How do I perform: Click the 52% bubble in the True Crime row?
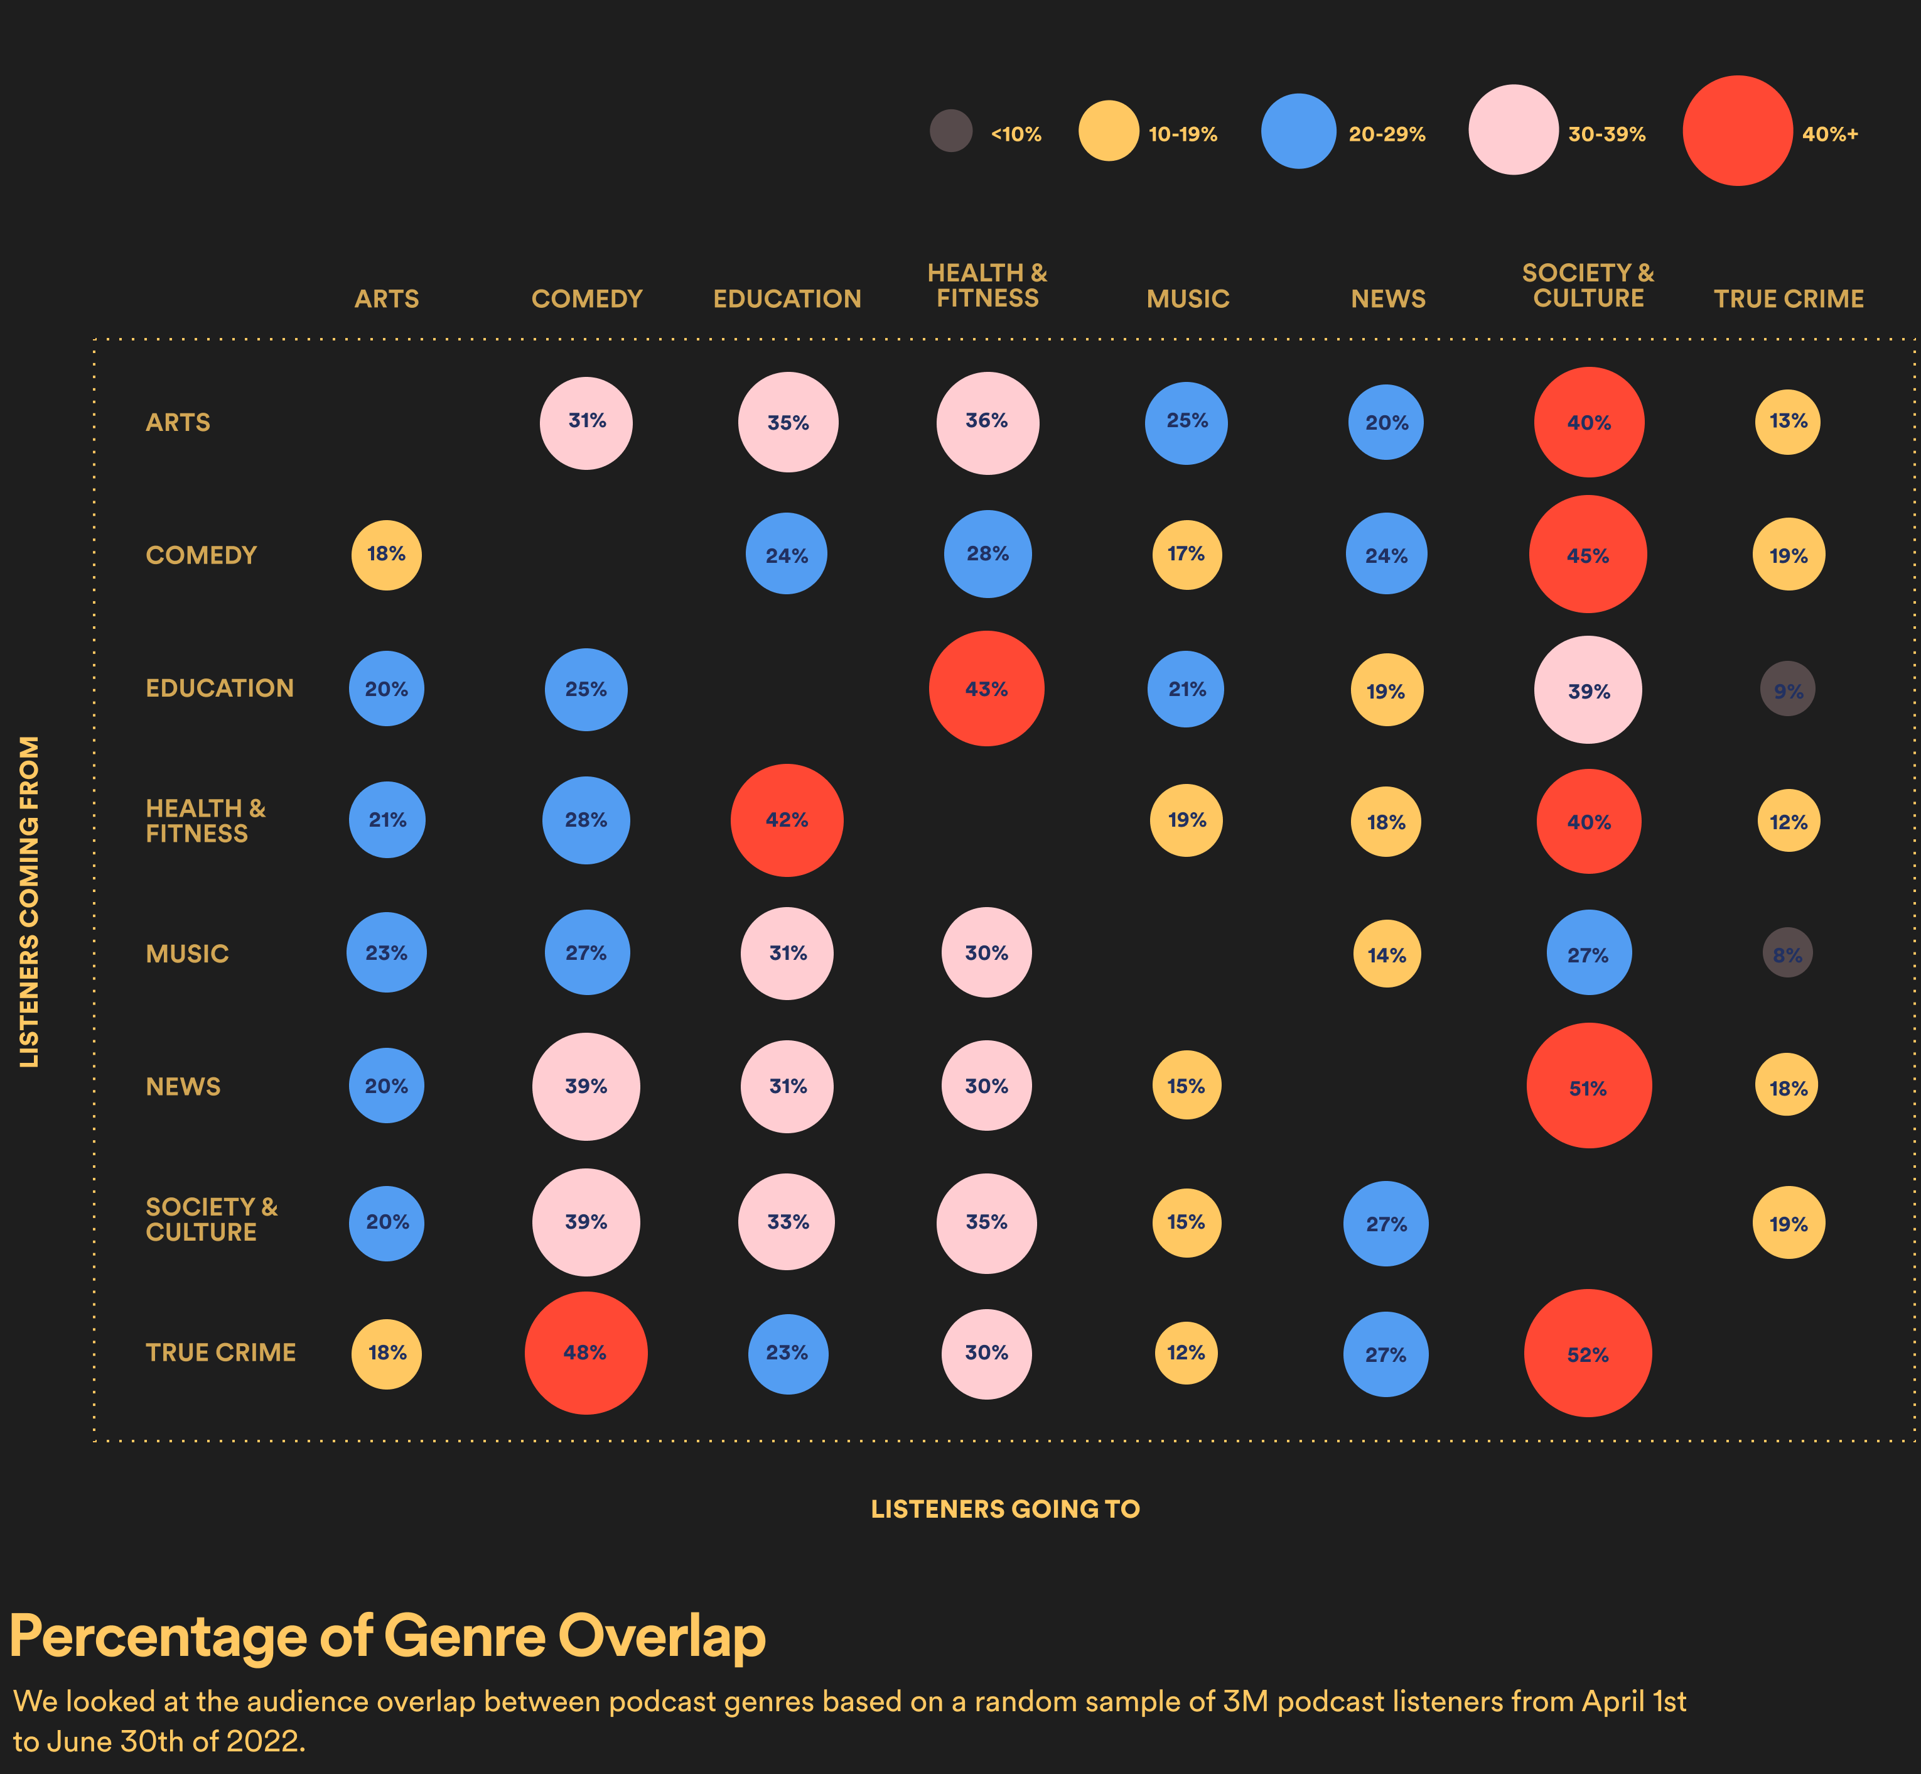[x=1588, y=1354]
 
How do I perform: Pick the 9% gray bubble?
[x=1788, y=689]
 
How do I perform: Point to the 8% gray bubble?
[x=1788, y=953]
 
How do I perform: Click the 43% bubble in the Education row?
[x=986, y=688]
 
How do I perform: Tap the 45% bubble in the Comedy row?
[x=1588, y=554]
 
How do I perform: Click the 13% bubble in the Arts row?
[x=1788, y=422]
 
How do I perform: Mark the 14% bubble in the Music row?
[x=1387, y=954]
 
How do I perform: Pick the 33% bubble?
[x=787, y=1222]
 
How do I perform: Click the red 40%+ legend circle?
[x=1738, y=131]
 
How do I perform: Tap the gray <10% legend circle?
[x=951, y=131]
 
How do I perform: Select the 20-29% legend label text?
[x=1387, y=134]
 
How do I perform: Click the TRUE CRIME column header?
[x=1789, y=298]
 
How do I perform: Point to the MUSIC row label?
[x=187, y=953]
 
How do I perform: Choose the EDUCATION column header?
[x=787, y=298]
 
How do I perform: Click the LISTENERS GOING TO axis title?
[x=1004, y=1509]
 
